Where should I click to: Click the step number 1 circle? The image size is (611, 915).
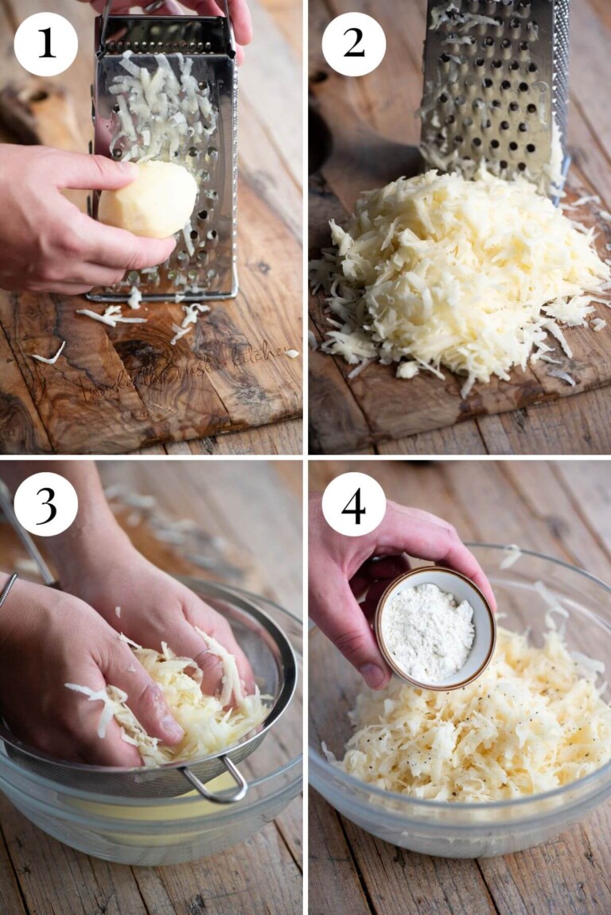pos(45,45)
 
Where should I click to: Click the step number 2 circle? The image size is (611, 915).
pos(354,45)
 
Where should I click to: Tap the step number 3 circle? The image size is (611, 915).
pos(45,504)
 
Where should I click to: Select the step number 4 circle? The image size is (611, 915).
pos(354,504)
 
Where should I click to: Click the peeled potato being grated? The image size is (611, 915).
pos(149,200)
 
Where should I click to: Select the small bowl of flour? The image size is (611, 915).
pos(434,627)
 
